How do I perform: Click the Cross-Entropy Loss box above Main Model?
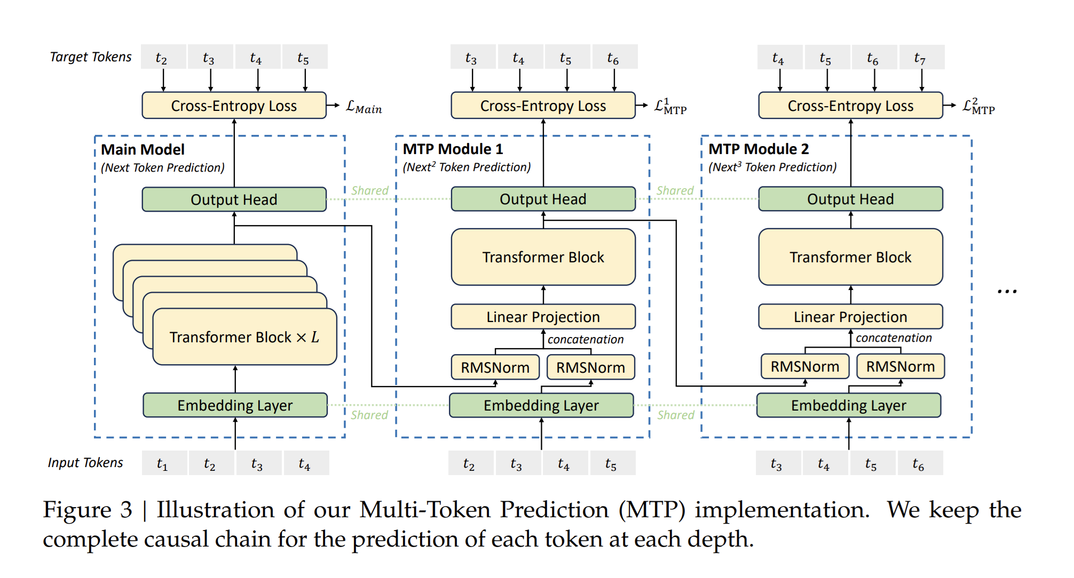(x=234, y=106)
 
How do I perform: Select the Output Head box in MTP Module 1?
(x=543, y=199)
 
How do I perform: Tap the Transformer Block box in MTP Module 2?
(x=850, y=257)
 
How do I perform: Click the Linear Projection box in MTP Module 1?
(x=543, y=317)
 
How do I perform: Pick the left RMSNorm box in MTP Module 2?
(x=804, y=367)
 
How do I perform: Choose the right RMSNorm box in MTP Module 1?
(x=590, y=367)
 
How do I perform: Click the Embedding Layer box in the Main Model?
(x=235, y=405)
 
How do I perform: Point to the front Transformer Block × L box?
(x=244, y=337)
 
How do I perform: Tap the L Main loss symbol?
(x=364, y=107)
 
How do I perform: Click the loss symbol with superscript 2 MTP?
(x=978, y=106)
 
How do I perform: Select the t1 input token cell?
(x=163, y=463)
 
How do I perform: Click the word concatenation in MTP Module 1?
(x=585, y=339)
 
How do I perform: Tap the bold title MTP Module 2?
(x=759, y=149)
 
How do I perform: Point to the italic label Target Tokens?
(x=90, y=57)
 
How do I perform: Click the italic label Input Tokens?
(x=85, y=462)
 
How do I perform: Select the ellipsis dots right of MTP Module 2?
(x=1007, y=291)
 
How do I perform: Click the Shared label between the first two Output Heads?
(x=369, y=190)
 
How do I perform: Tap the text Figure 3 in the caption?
(x=88, y=510)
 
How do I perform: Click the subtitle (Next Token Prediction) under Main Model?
(x=163, y=167)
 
